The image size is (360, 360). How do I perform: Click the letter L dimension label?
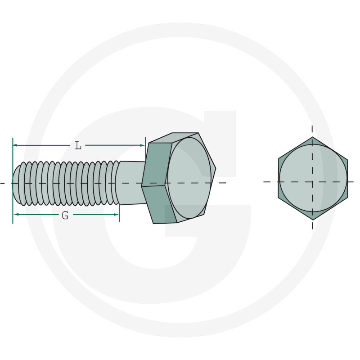78,145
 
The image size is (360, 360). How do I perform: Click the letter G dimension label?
65,215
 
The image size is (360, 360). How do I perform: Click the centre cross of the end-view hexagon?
312,182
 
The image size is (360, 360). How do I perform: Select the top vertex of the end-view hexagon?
312,137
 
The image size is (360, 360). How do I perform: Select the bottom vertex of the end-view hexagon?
312,219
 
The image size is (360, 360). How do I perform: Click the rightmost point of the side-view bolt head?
216,169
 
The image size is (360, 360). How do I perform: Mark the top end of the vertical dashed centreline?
312,126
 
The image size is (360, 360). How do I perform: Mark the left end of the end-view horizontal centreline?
264,182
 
